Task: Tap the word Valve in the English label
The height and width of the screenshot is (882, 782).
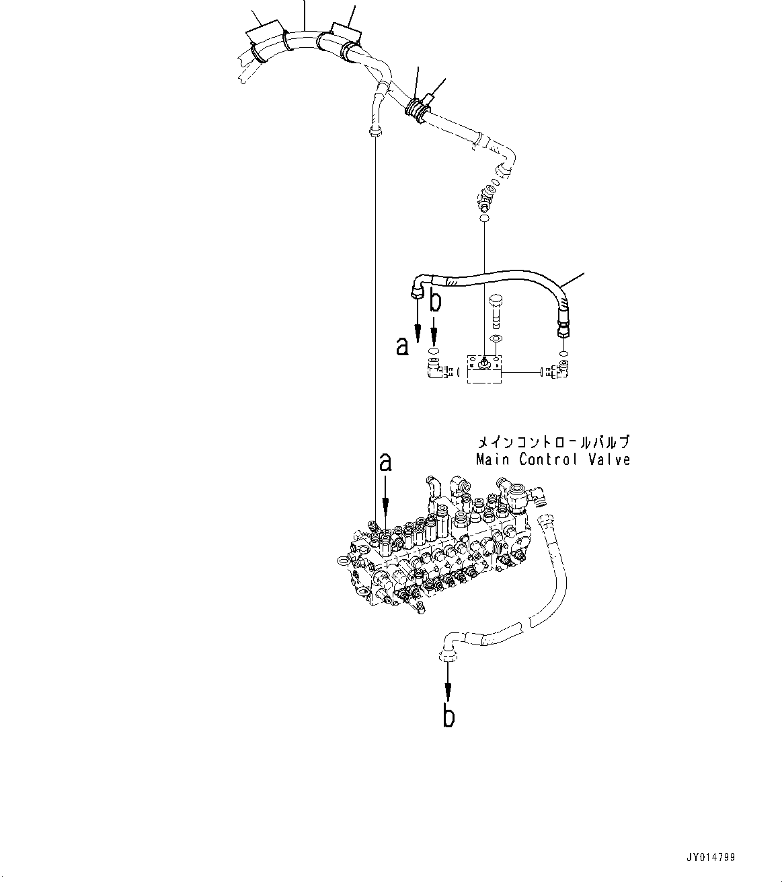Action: coord(609,460)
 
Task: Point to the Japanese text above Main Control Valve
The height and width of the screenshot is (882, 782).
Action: coord(553,443)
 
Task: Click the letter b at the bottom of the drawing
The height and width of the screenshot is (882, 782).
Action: coord(448,716)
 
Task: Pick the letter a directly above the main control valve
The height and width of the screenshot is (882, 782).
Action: coord(385,463)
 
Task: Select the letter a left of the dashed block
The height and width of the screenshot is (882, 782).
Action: coord(402,346)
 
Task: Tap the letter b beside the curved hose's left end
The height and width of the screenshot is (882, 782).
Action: coord(436,301)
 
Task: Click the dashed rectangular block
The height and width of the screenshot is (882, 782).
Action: coord(484,369)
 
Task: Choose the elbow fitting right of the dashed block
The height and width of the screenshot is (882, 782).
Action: coord(559,369)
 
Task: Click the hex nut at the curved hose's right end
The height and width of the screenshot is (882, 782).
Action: coord(561,330)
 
